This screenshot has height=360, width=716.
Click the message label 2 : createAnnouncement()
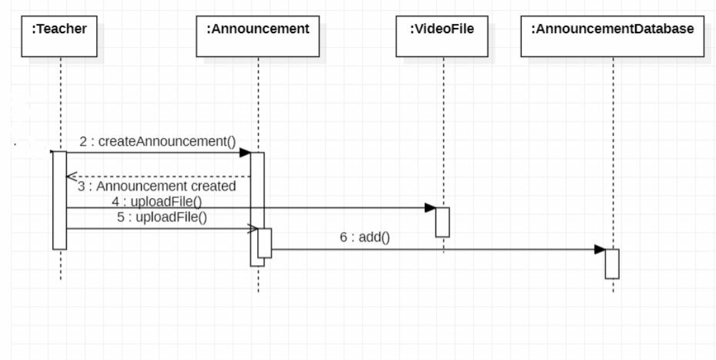point(158,141)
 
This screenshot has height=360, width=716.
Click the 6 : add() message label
point(365,237)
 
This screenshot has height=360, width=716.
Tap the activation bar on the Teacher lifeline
point(60,200)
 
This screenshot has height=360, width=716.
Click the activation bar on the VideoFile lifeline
point(442,221)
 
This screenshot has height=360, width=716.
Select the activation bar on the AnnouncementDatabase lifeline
point(612,263)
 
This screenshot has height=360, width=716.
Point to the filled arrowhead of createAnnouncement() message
point(245,153)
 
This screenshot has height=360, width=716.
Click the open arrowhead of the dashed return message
point(71,176)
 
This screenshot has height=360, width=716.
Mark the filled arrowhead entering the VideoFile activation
point(430,208)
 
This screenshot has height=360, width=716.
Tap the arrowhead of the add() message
point(599,250)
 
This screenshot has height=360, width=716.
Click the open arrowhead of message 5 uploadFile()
point(253,229)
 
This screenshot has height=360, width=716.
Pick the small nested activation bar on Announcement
point(265,243)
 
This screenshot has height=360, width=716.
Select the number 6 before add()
point(343,237)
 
